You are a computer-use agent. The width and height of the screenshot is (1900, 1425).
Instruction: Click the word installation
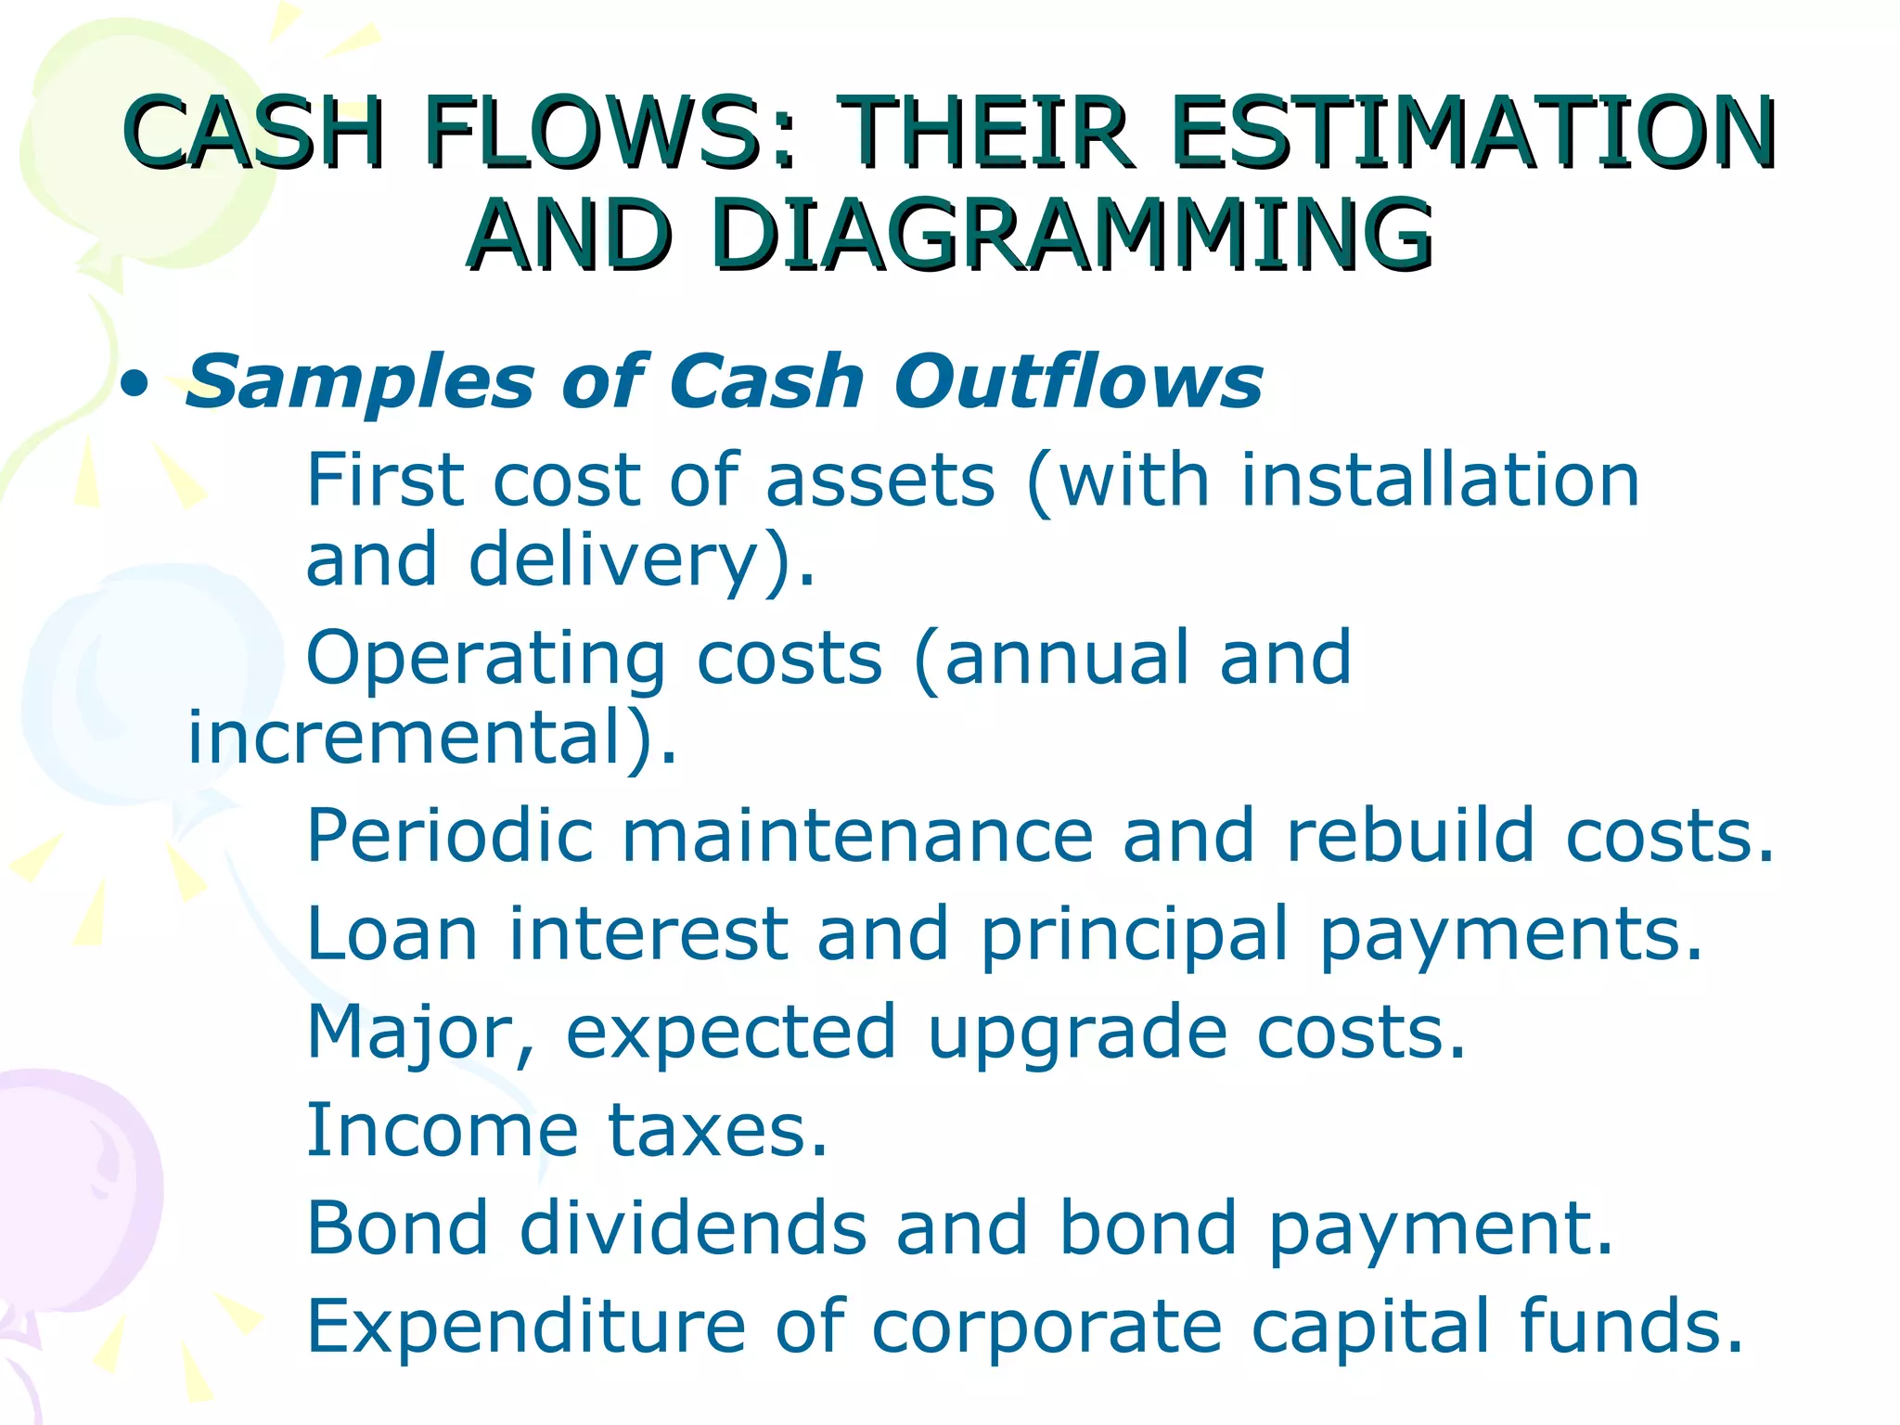pos(1440,480)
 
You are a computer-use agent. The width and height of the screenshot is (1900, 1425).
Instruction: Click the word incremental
pos(417,738)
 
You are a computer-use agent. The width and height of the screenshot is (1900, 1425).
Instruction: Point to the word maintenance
pos(857,836)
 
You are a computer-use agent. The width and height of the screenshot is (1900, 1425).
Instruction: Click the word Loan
pos(392,933)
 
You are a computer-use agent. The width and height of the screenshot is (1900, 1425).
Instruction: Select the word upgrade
pos(1077,1033)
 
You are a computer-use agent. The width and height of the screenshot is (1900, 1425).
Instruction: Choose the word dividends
pos(692,1228)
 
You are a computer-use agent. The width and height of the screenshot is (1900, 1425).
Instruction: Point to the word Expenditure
pos(526,1327)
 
